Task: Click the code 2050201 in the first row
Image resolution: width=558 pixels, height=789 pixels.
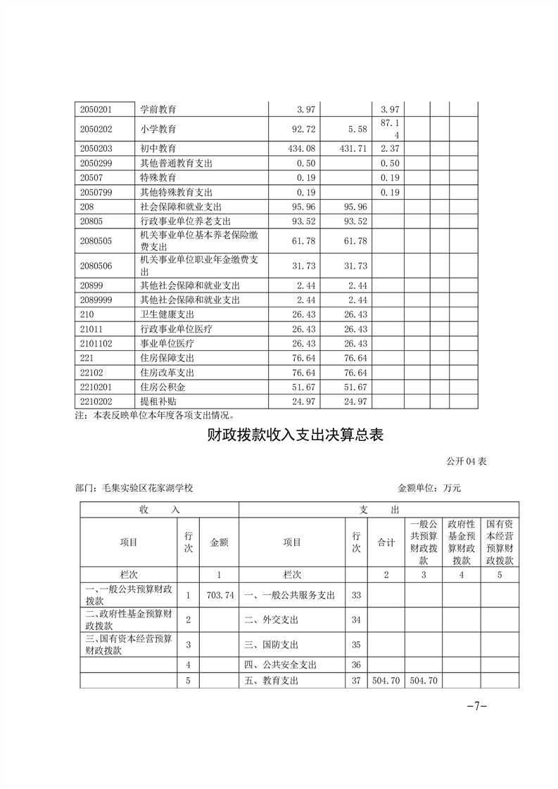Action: (x=97, y=110)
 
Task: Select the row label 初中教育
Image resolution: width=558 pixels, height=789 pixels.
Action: (x=158, y=149)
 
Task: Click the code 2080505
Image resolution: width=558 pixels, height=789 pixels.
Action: (x=97, y=242)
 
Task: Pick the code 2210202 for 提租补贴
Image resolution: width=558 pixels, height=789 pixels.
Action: (x=97, y=402)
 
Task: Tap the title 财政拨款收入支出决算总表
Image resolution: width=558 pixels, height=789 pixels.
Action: (x=296, y=435)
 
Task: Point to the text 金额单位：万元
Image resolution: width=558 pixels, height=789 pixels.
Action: (x=429, y=487)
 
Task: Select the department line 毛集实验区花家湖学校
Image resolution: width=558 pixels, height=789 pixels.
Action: (x=133, y=487)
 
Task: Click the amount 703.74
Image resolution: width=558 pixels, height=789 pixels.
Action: (x=220, y=595)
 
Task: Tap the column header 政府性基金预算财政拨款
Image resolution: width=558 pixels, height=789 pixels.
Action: (x=462, y=542)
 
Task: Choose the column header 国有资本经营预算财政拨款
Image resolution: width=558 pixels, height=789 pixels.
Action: (x=500, y=542)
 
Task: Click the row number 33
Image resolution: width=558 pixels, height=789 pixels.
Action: (x=355, y=595)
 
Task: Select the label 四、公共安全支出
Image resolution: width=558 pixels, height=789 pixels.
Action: (x=281, y=664)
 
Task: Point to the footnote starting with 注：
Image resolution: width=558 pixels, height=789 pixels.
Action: (x=154, y=415)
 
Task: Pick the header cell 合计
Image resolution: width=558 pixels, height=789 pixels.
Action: (x=386, y=543)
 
